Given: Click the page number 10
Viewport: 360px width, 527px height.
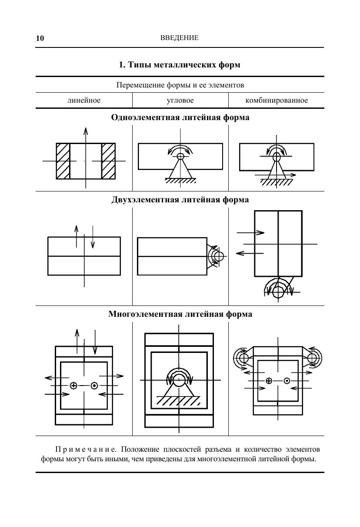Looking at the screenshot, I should click(x=40, y=38).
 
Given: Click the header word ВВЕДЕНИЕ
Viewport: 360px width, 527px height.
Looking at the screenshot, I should click(x=180, y=38).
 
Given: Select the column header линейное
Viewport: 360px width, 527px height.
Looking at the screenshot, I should click(x=84, y=101).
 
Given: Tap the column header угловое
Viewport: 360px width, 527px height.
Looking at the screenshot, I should click(x=180, y=101).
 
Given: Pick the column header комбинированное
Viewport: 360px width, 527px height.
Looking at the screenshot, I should click(x=277, y=101).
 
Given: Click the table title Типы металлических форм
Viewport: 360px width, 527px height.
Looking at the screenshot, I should click(x=180, y=65).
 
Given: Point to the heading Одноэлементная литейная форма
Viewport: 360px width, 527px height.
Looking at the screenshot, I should click(x=180, y=117).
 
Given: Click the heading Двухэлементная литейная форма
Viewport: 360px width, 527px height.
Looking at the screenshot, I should click(x=180, y=200).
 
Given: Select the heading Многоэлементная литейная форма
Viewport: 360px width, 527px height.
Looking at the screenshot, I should click(x=180, y=314).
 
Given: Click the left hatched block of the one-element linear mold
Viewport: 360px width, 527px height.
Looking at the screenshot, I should click(x=63, y=161).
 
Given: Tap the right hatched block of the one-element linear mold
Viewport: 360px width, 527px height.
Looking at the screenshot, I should click(x=108, y=161).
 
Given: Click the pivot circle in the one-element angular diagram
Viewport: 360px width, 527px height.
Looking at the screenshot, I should click(x=180, y=156).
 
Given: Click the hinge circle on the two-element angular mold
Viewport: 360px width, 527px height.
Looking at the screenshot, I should click(x=219, y=256).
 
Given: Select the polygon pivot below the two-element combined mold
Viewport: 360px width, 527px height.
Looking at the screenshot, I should click(x=278, y=289).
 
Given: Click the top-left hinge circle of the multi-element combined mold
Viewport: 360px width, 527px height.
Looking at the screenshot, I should click(x=243, y=358).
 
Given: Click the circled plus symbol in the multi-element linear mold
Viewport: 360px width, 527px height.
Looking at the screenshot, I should click(x=73, y=386).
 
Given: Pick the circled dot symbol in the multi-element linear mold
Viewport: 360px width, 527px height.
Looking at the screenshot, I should click(x=94, y=386).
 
